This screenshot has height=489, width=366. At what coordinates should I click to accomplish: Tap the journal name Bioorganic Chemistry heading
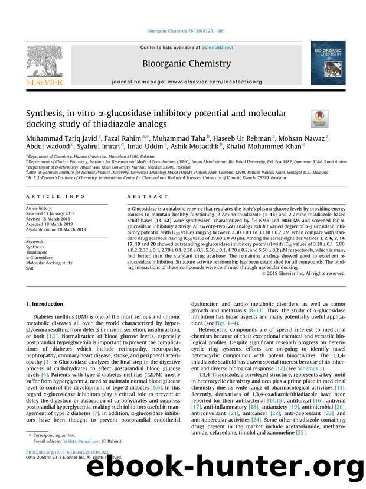[x=182, y=64]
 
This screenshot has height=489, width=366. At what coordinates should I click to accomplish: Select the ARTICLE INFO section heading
[x=50, y=196]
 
